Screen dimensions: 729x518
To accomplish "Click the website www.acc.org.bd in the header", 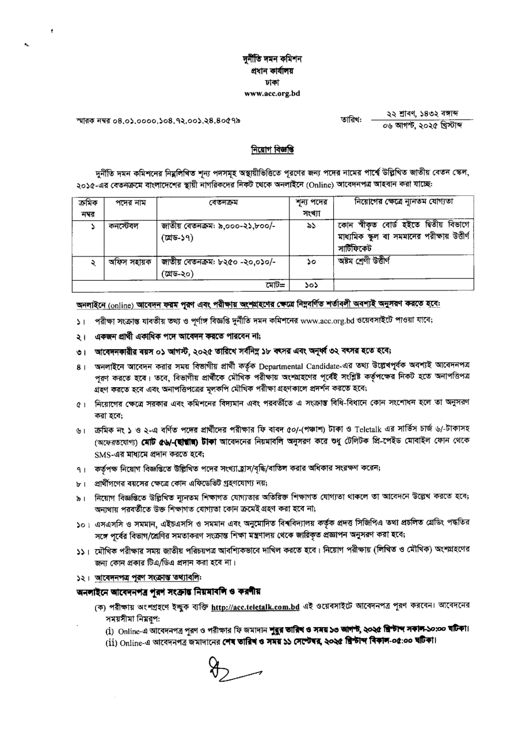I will tap(272, 93).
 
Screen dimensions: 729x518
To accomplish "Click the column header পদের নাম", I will tap(126, 203).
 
